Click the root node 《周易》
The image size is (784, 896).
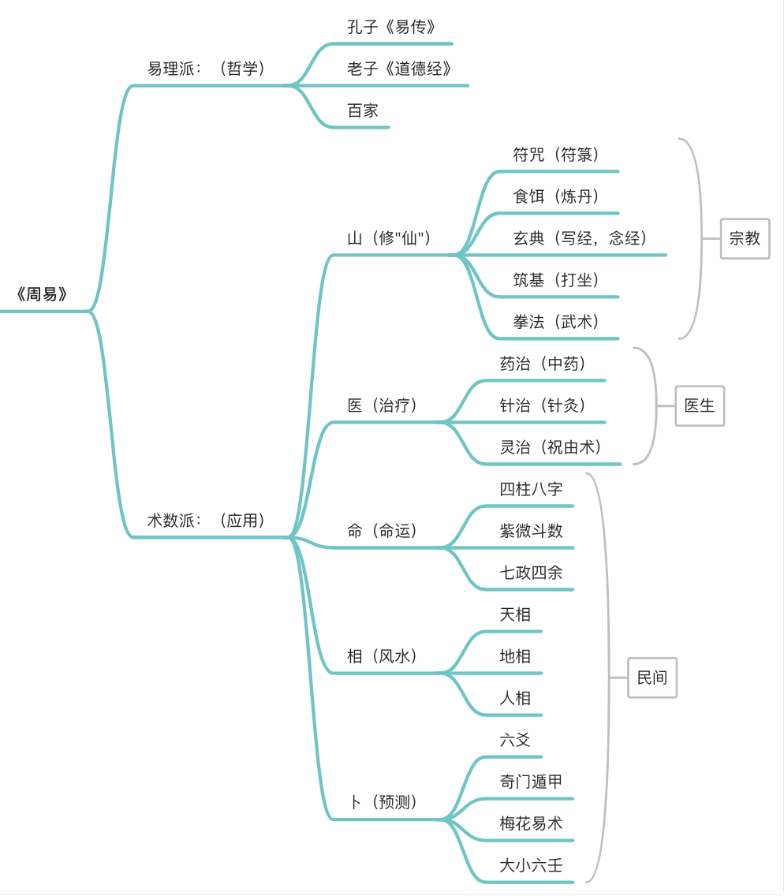[x=42, y=294]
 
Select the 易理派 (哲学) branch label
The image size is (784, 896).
[x=207, y=69]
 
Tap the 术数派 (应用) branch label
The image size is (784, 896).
[x=207, y=521]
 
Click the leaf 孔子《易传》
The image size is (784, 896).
[x=391, y=27]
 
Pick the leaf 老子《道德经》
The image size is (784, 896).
[x=399, y=69]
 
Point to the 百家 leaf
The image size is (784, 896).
[x=363, y=111]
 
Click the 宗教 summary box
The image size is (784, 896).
[x=745, y=238]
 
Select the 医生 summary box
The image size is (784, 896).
[x=700, y=405]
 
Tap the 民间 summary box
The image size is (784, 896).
[x=652, y=678]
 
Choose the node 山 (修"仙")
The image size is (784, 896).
[x=389, y=238]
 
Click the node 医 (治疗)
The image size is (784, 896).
[x=383, y=405]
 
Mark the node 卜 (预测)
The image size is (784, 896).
[x=383, y=802]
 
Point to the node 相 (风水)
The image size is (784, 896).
[x=383, y=656]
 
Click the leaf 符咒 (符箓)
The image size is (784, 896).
[x=556, y=155]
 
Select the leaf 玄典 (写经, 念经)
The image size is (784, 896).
[x=580, y=238]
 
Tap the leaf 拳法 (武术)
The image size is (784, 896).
[x=556, y=323]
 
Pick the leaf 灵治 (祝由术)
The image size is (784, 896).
[x=551, y=447]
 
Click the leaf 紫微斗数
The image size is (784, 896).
[x=532, y=531]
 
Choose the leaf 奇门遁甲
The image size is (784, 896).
[x=532, y=782]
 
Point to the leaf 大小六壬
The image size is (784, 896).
[x=532, y=866]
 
